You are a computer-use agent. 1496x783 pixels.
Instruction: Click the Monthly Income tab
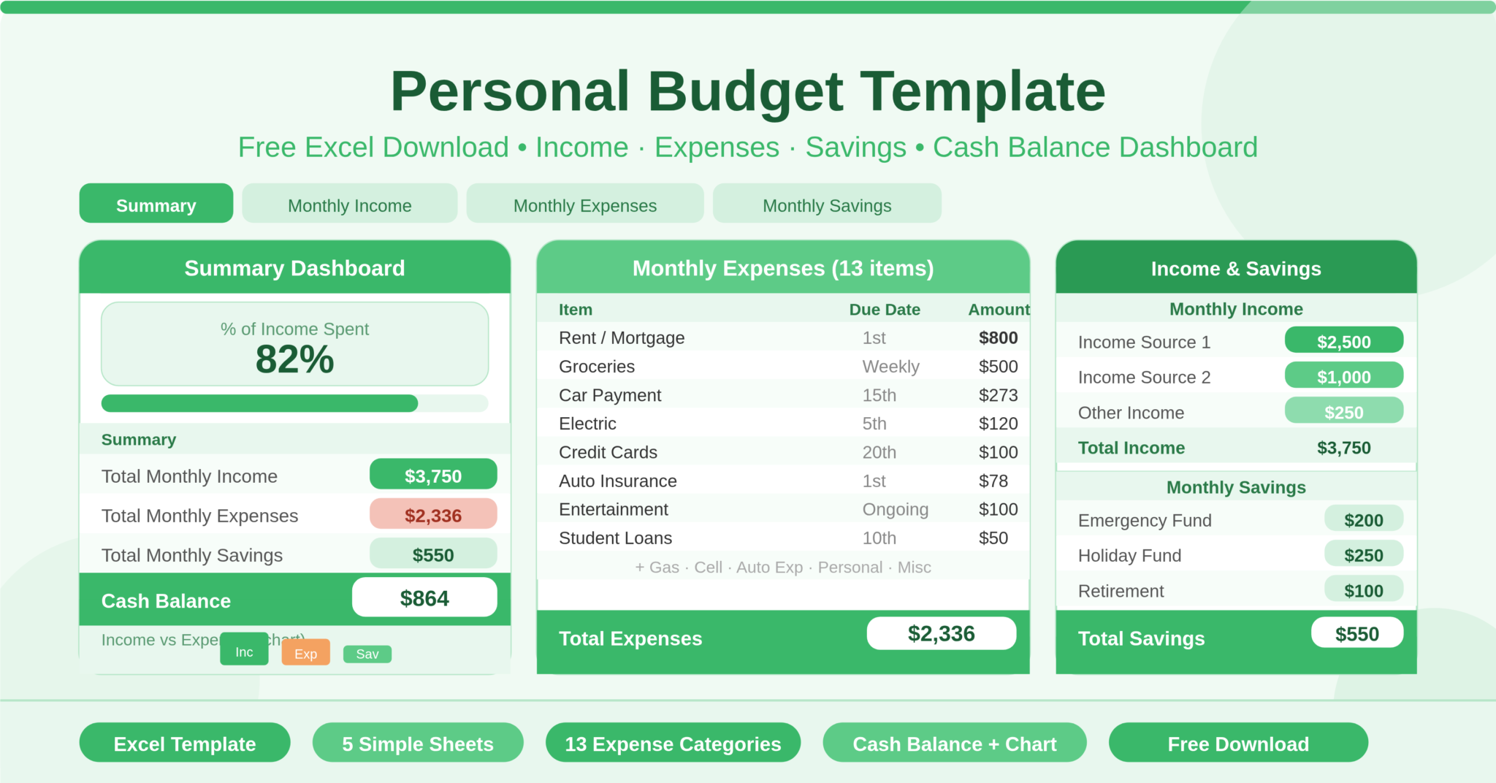coord(349,205)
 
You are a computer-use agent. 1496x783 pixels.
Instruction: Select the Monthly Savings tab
coord(826,205)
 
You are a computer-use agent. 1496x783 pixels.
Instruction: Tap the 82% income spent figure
coord(294,359)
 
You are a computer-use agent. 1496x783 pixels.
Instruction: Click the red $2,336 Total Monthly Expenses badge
coord(433,515)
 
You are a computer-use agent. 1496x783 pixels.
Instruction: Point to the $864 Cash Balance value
coord(424,598)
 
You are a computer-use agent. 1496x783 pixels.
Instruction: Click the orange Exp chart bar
coord(305,653)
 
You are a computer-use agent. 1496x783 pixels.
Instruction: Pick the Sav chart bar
coord(367,654)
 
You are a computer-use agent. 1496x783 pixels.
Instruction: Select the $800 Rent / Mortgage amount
coord(998,337)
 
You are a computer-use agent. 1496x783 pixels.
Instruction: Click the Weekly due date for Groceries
coord(890,366)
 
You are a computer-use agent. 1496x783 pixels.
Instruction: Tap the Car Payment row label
coord(610,395)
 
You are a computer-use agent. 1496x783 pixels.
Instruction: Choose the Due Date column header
coord(884,310)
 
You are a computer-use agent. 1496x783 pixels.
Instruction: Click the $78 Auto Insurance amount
coord(993,481)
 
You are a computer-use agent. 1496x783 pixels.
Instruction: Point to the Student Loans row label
coord(615,538)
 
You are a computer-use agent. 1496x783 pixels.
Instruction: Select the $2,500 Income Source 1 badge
coord(1343,341)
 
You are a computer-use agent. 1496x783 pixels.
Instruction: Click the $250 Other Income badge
coord(1343,412)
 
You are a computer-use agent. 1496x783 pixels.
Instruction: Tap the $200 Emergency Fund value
coord(1363,520)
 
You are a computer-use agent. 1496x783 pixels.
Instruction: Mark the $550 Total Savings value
coord(1356,633)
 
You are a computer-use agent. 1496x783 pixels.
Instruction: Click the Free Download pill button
coord(1237,744)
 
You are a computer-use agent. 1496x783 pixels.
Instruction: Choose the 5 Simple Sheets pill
coord(418,744)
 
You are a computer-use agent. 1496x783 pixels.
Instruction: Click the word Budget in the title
coord(745,91)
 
